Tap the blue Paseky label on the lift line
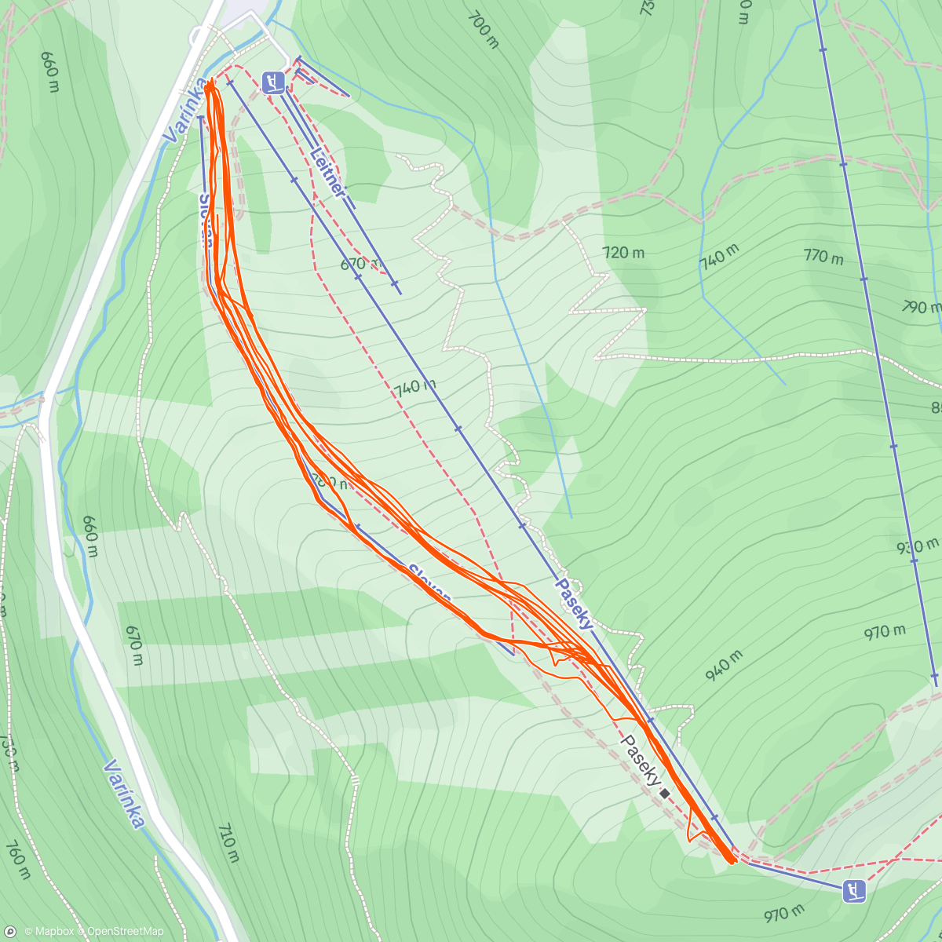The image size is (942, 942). (x=575, y=604)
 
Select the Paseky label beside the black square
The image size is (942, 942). (x=641, y=759)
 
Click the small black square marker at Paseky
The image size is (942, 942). (x=665, y=794)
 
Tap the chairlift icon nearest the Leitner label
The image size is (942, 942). (x=272, y=82)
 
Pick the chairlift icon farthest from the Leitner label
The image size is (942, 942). (x=853, y=890)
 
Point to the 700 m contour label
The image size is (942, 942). (x=484, y=30)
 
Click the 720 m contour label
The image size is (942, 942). (x=623, y=252)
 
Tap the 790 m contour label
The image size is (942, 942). (x=920, y=306)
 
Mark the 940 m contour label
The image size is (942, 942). (x=723, y=666)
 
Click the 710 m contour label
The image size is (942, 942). (x=228, y=842)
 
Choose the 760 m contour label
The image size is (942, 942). (x=17, y=860)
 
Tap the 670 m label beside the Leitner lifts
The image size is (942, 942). (x=361, y=265)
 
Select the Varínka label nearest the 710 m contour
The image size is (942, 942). (x=124, y=793)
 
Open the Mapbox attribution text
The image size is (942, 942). (x=53, y=932)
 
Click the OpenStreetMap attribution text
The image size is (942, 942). (x=125, y=932)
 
